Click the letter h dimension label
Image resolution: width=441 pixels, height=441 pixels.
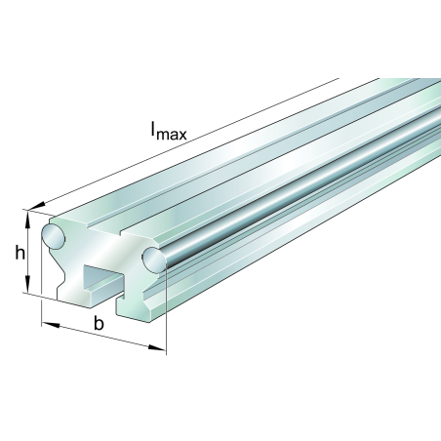pyautogui.click(x=20, y=254)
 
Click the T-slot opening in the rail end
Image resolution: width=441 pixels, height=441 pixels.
pyautogui.click(x=101, y=276)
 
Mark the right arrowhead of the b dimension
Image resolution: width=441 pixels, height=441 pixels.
pyautogui.click(x=159, y=348)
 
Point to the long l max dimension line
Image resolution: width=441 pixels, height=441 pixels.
pyautogui.click(x=195, y=141)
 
